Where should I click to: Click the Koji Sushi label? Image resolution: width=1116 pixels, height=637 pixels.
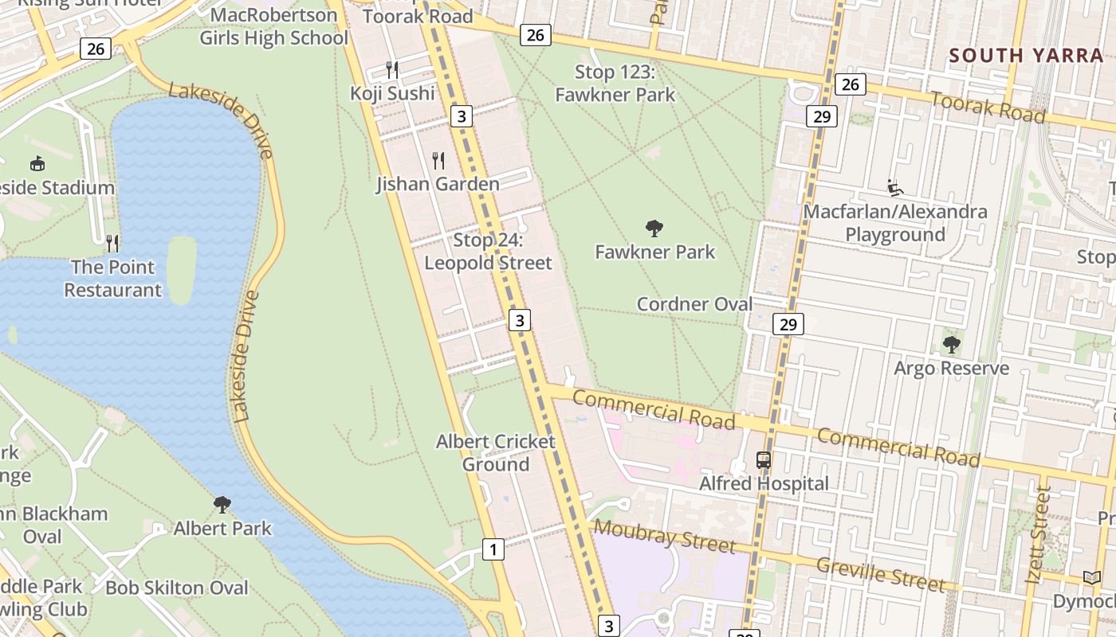(392, 94)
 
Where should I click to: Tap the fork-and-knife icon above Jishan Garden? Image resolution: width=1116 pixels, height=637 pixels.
(438, 161)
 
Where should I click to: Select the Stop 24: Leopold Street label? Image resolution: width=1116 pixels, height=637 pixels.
(488, 252)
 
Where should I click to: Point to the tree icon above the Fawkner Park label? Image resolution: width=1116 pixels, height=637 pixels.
(654, 229)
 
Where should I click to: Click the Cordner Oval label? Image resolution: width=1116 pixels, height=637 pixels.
(694, 304)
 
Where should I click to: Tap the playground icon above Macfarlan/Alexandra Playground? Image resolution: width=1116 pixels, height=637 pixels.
(895, 189)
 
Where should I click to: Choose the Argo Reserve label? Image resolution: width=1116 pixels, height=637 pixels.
(951, 369)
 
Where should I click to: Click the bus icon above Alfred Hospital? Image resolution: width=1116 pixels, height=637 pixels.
(764, 460)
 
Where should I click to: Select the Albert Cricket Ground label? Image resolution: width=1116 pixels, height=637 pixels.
(495, 453)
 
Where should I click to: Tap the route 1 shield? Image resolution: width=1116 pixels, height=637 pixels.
(493, 549)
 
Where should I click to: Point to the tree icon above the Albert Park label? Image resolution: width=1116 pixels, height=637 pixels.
(222, 505)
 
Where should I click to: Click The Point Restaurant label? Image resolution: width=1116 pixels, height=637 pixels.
(112, 278)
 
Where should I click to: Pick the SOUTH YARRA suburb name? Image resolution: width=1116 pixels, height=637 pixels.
(1026, 56)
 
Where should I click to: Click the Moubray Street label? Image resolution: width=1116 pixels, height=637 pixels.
(664, 536)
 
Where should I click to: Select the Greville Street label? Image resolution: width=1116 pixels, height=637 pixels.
(881, 573)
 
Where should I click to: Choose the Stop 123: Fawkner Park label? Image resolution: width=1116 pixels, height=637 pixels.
(615, 84)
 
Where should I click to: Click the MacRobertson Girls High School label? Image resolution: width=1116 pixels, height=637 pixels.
(273, 26)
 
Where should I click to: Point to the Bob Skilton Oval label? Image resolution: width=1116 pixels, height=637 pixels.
(177, 588)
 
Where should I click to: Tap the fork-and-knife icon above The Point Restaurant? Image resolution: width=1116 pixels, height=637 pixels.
(112, 243)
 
